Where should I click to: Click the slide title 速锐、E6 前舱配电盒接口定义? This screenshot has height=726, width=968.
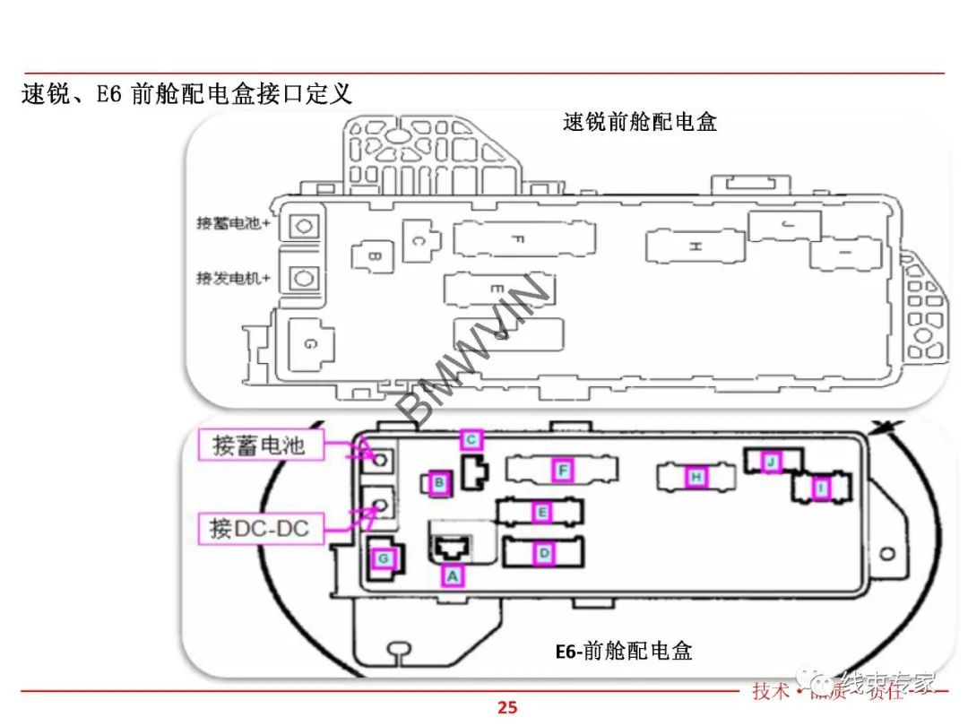tap(186, 93)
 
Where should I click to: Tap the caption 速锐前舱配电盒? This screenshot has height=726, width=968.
tap(640, 122)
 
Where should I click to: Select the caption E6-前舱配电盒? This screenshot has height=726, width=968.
tap(624, 652)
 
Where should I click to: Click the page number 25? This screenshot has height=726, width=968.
tap(507, 707)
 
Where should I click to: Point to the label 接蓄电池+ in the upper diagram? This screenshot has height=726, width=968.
tap(234, 223)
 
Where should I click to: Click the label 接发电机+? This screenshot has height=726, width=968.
tap(234, 278)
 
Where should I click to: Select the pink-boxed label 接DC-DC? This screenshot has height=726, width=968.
tap(259, 528)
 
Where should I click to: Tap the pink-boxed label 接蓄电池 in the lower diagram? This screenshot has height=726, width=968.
tap(259, 445)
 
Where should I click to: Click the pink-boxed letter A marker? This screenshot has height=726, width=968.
tap(454, 576)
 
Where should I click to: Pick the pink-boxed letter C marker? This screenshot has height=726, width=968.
tap(471, 439)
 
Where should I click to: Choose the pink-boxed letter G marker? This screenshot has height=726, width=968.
tap(384, 558)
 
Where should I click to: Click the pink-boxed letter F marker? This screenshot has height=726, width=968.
tap(562, 471)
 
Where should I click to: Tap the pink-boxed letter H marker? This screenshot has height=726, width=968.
tap(696, 478)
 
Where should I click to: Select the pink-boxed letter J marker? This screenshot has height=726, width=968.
tap(770, 462)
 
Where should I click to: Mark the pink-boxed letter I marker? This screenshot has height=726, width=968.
tap(819, 488)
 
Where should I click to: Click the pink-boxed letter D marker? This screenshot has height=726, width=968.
tap(543, 554)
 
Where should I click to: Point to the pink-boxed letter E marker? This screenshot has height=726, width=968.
tap(540, 512)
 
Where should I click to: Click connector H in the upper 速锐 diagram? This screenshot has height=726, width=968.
tap(695, 246)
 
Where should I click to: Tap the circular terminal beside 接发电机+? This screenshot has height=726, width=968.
tap(304, 279)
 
